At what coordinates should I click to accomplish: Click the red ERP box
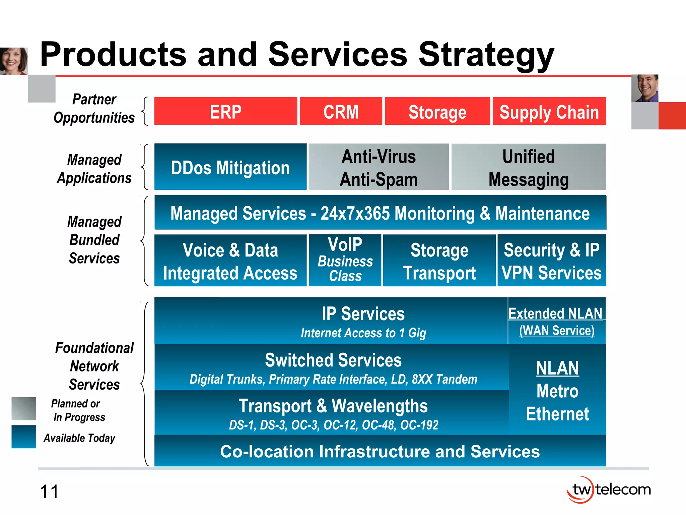pyautogui.click(x=225, y=111)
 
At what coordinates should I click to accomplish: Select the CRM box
pyautogui.click(x=341, y=111)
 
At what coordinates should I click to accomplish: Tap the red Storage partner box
pyautogui.click(x=437, y=111)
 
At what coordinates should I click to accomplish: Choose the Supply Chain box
pyautogui.click(x=549, y=111)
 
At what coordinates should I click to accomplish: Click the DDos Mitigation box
pyautogui.click(x=230, y=167)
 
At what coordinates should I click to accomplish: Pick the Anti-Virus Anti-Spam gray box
pyautogui.click(x=379, y=167)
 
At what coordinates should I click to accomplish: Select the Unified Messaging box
pyautogui.click(x=528, y=167)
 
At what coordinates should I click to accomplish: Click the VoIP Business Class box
pyautogui.click(x=345, y=260)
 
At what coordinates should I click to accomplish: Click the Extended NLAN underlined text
pyautogui.click(x=555, y=313)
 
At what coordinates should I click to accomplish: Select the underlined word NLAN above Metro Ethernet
pyautogui.click(x=557, y=368)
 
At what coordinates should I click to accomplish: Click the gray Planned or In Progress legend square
pyautogui.click(x=23, y=408)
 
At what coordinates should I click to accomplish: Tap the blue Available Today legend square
pyautogui.click(x=23, y=437)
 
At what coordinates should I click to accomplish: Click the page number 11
pyautogui.click(x=49, y=492)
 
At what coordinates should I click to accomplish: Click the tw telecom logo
pyautogui.click(x=608, y=490)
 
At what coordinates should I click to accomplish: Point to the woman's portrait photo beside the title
pyautogui.click(x=14, y=61)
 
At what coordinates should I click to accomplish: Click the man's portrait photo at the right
pyautogui.click(x=644, y=88)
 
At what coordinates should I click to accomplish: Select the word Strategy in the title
pyautogui.click(x=486, y=55)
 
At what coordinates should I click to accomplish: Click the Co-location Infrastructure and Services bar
pyautogui.click(x=380, y=451)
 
